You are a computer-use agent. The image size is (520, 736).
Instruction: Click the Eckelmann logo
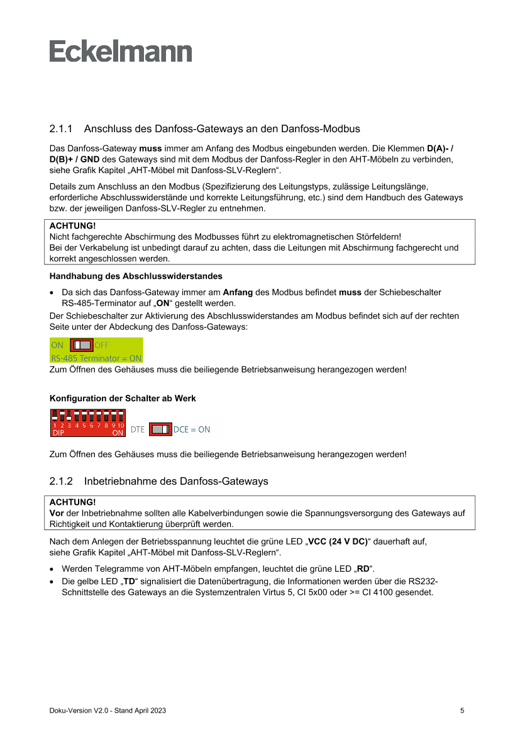121,51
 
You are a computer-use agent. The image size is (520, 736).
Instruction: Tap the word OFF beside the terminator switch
101,345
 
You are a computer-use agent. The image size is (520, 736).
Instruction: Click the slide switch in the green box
82,345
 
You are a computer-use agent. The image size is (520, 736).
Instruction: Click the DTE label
137,429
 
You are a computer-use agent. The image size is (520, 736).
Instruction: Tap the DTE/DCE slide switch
160,429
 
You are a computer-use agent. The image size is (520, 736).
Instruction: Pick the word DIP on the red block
58,433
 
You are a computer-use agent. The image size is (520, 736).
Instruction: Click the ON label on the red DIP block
118,433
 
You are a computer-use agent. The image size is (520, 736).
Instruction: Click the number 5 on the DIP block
84,426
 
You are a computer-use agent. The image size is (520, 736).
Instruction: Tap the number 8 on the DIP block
106,426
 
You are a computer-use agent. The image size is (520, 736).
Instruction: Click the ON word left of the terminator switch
57,345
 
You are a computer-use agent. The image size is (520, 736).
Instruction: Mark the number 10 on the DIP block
121,426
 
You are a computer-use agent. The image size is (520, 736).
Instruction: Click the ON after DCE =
204,429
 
